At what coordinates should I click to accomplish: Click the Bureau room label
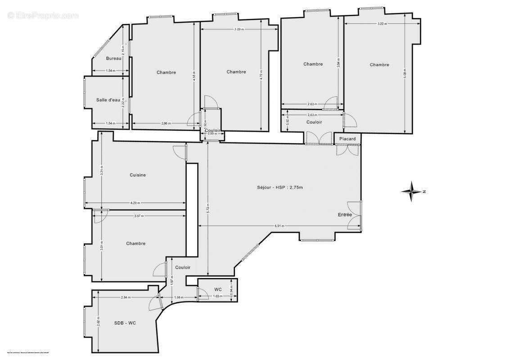(114, 58)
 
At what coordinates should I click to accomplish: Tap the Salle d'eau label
(108, 100)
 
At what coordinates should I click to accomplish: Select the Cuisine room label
(138, 175)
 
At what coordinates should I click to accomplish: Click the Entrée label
(345, 215)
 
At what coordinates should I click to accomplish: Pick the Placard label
(347, 139)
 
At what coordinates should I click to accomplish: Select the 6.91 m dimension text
(279, 226)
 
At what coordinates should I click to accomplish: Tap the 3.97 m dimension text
(139, 216)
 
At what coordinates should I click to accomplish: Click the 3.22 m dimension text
(382, 23)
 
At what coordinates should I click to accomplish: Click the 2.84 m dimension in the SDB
(126, 297)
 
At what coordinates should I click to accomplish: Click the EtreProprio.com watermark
(43, 16)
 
